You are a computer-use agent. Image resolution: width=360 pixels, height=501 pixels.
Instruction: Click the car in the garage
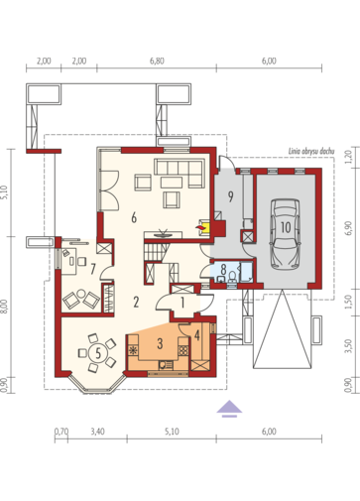[285, 234]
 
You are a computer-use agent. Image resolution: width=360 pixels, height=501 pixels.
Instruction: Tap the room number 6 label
[134, 218]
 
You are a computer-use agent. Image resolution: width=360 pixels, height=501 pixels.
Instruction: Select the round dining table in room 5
[98, 353]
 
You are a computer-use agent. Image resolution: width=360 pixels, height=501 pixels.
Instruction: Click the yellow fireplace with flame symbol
[204, 227]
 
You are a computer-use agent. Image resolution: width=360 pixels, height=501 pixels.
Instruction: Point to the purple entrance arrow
[229, 409]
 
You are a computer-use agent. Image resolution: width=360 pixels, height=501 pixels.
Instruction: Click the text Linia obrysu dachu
[311, 152]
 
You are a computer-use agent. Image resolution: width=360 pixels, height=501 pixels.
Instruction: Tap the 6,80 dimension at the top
[157, 62]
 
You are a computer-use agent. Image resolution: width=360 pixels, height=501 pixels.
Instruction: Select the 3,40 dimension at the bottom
[97, 432]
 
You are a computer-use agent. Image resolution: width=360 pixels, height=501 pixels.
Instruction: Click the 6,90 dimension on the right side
[348, 228]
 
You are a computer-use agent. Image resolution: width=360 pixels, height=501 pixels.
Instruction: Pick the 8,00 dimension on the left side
[5, 307]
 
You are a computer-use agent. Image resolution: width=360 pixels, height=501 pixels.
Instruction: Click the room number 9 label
[230, 196]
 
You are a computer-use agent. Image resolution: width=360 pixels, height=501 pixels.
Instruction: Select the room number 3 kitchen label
[160, 343]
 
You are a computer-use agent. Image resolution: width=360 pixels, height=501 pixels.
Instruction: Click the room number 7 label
[93, 269]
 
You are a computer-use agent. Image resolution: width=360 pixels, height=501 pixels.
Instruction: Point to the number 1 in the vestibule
[182, 303]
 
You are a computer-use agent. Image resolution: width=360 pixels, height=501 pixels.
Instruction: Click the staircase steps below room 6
[155, 252]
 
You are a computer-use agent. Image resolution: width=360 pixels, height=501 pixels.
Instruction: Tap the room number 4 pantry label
[197, 335]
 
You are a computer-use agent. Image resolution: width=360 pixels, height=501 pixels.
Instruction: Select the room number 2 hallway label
[136, 302]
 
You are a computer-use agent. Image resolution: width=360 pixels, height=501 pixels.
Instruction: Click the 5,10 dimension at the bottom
[172, 432]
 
